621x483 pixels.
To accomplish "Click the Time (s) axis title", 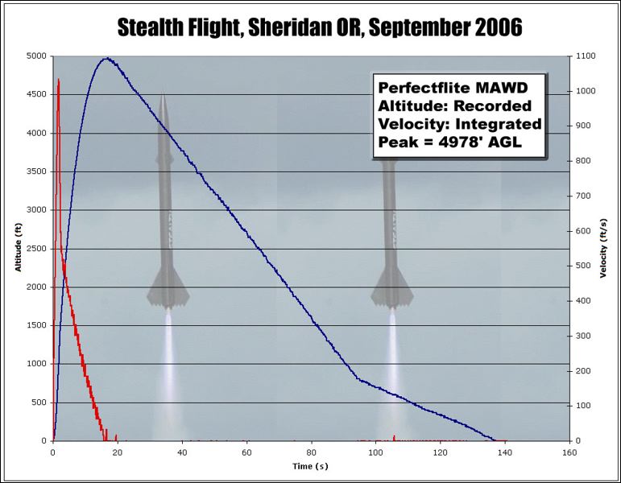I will (x=310, y=466).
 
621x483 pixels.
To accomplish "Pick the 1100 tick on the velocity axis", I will (x=585, y=56).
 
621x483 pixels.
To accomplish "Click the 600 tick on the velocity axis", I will (x=582, y=231).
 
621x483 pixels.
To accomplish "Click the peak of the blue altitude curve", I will (x=106, y=58).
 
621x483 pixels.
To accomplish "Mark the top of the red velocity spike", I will (x=59, y=79).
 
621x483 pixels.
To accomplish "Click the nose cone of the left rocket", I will (x=164, y=95).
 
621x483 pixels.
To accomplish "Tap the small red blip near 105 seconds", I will (x=394, y=437).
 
